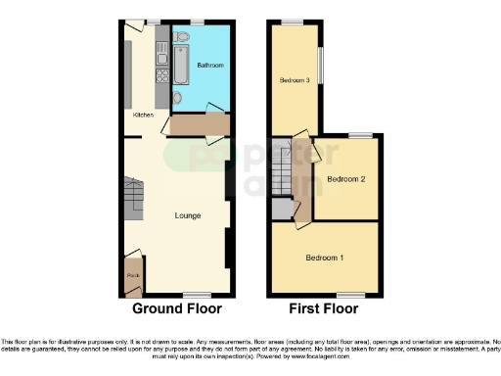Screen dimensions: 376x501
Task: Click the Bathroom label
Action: [x=209, y=66]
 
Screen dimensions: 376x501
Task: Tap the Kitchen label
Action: [x=143, y=115]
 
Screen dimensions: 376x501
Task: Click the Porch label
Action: [x=131, y=276]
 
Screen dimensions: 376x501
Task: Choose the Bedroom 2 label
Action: [x=345, y=179]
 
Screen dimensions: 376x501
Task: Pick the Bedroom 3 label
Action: [x=295, y=80]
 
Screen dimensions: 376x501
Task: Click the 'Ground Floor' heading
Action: [x=176, y=308]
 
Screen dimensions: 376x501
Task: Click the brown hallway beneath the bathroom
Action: [x=199, y=125]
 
